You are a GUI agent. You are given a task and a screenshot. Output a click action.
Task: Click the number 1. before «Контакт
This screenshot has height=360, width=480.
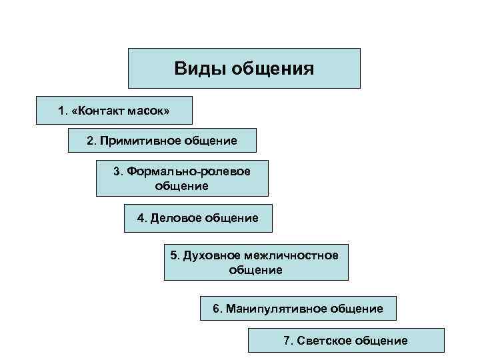coord(63,110)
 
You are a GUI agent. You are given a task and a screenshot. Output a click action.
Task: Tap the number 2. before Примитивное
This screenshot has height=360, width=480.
coord(91,141)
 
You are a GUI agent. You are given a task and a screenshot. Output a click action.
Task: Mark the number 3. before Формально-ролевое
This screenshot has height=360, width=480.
coord(118,171)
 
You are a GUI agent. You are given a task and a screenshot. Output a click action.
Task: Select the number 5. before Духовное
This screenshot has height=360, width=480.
coord(175,255)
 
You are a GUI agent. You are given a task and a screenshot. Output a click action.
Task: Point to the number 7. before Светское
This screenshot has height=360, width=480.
coord(288,341)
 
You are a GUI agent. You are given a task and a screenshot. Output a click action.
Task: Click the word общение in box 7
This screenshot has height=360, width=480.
coord(381,341)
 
